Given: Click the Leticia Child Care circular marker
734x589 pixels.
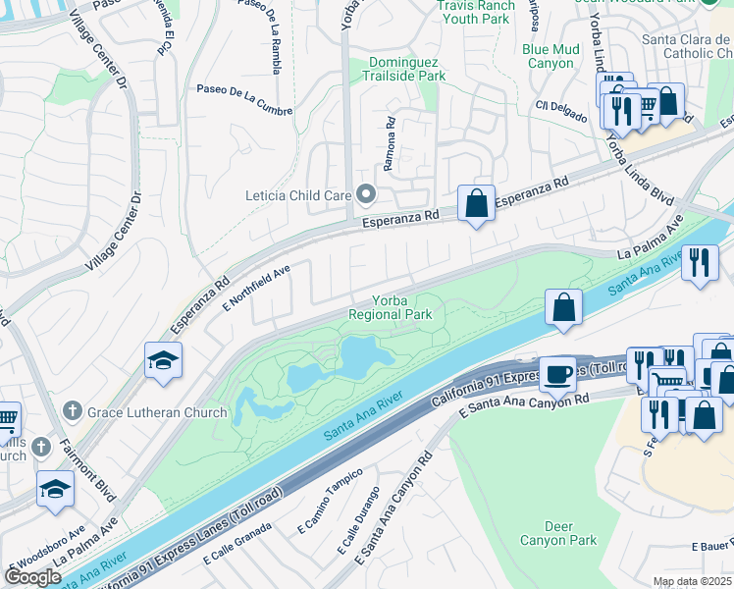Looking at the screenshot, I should tap(366, 194).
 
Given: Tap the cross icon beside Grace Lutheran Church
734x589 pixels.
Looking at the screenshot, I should tap(72, 411).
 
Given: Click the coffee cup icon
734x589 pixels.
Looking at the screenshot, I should tap(557, 373).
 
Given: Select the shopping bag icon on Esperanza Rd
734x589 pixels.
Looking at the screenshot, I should tap(476, 204).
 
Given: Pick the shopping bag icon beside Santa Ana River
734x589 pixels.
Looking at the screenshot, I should tap(564, 307).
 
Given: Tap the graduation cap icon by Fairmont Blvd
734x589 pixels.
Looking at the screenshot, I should tap(55, 488).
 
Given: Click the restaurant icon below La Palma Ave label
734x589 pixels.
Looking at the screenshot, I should tap(700, 262).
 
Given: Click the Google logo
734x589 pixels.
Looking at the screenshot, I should tap(32, 577).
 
